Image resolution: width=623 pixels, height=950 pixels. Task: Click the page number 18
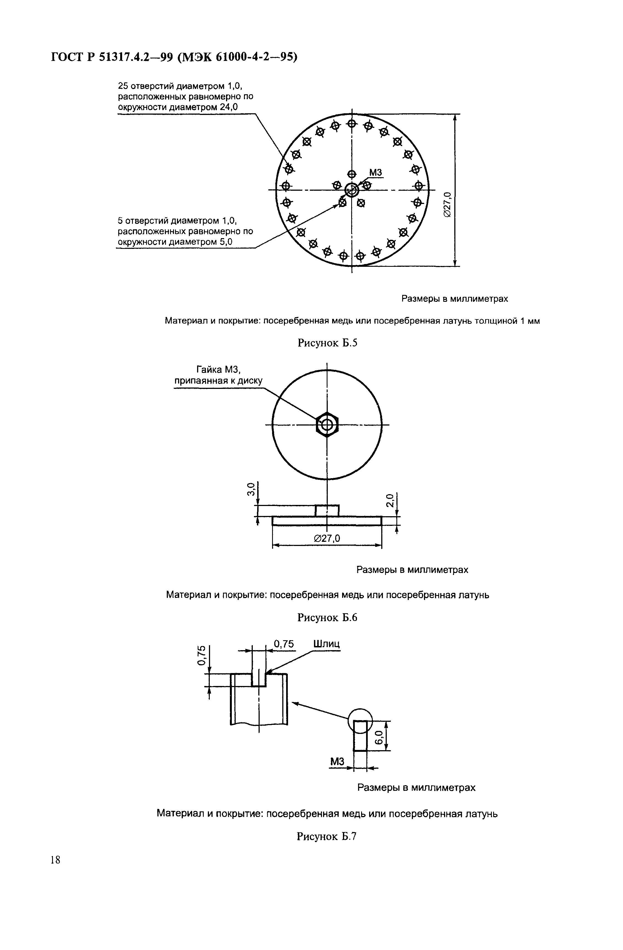point(55,859)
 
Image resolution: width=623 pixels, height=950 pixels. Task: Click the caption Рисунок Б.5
point(327,343)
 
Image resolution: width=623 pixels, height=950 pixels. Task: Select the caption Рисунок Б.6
point(327,618)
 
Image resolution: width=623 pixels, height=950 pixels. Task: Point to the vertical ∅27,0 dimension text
point(447,204)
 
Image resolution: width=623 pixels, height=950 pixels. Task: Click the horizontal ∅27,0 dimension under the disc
point(327,539)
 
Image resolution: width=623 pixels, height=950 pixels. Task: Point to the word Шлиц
point(327,644)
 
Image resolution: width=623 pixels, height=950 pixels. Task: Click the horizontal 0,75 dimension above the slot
point(284,644)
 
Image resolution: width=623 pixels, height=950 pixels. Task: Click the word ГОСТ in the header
point(67,58)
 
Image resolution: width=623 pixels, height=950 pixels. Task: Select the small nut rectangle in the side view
point(327,510)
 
